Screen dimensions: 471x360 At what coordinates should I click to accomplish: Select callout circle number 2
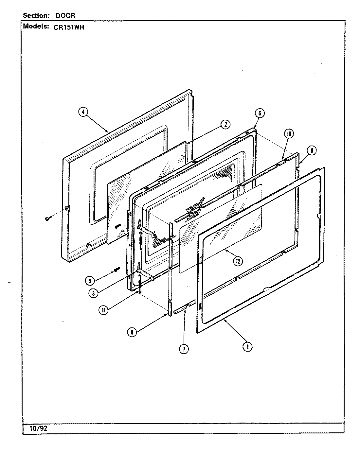[x=225, y=124]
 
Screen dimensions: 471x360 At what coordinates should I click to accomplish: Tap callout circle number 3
[x=93, y=293]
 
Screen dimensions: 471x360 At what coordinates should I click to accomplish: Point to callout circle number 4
[x=83, y=112]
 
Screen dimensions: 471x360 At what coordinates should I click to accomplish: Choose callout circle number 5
[x=89, y=280]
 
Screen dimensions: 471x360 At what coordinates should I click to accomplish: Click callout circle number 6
[x=259, y=113]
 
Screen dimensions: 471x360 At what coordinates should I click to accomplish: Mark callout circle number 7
[x=184, y=349]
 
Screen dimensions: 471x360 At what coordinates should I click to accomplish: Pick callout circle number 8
[x=312, y=150]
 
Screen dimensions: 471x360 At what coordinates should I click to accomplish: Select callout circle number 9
[x=132, y=332]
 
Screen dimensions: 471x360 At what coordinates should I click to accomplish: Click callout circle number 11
[x=103, y=311]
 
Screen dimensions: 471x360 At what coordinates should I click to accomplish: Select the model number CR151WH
[x=68, y=27]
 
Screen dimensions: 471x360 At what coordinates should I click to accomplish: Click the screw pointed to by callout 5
[x=117, y=270]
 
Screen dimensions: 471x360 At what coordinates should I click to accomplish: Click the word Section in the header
[x=35, y=16]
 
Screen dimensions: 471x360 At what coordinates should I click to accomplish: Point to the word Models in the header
[x=35, y=27]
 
